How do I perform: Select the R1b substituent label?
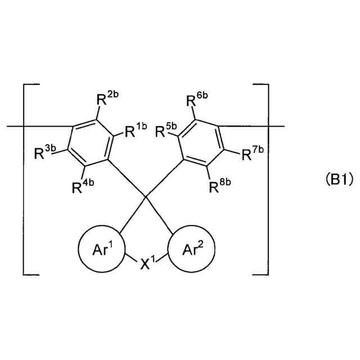point(134,132)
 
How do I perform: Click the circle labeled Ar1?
point(101,248)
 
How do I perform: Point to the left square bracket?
point(25,180)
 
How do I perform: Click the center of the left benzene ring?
point(87,142)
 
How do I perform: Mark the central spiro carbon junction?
point(146,197)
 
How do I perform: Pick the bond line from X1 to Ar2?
point(163,259)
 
